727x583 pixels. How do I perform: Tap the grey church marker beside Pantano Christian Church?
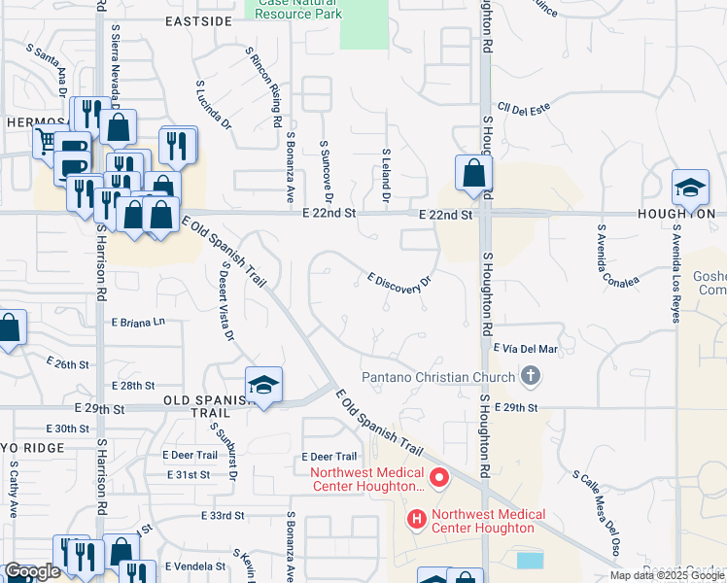click(530, 374)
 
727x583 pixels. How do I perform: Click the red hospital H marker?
click(417, 521)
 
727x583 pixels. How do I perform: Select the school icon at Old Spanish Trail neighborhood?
click(263, 386)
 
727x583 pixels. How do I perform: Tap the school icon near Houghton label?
click(691, 187)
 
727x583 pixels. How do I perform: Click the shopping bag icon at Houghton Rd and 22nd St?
click(472, 175)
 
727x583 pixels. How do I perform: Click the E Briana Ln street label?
click(139, 322)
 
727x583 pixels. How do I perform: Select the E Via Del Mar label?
click(526, 348)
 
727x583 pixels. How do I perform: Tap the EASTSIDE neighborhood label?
click(198, 20)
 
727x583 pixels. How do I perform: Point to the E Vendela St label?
click(194, 566)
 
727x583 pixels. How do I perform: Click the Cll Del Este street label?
click(524, 109)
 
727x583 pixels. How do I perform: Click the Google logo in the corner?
click(31, 571)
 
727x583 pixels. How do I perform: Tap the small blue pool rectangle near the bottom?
click(531, 560)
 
